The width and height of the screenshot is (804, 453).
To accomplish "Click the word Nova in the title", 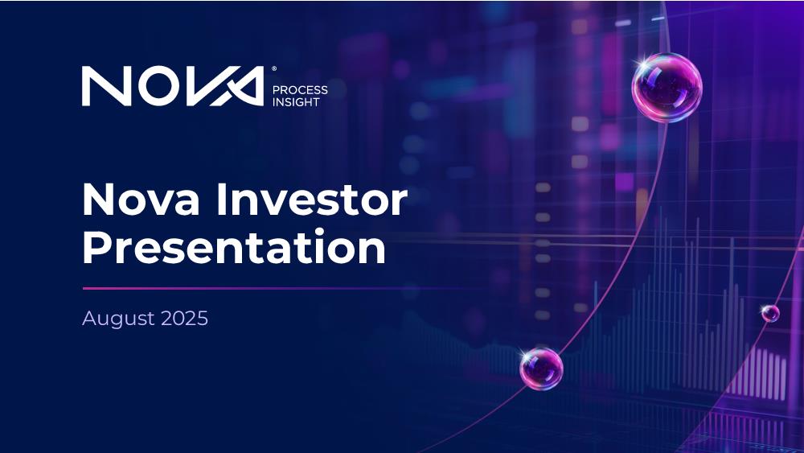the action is (x=141, y=200).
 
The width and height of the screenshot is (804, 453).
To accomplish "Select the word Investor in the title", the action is (x=312, y=200).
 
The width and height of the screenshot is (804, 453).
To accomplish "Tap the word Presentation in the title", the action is (x=234, y=247).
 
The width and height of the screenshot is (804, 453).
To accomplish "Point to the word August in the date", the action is (x=118, y=319).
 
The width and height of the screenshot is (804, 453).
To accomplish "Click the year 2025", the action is (x=185, y=318).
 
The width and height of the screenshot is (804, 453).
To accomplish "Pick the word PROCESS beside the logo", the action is (x=300, y=90).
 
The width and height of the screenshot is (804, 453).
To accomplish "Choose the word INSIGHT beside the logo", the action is (x=296, y=102).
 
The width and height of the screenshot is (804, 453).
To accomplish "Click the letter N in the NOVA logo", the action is (x=107, y=86).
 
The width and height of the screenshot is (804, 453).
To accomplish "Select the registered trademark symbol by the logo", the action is (x=274, y=68).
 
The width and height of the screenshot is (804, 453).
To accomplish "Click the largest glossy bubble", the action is (x=667, y=87).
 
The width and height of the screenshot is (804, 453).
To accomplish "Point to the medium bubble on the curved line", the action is (x=541, y=369).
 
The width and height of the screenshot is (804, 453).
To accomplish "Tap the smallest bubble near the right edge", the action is (x=770, y=313).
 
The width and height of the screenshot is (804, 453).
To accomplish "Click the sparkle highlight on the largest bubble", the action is (x=641, y=64).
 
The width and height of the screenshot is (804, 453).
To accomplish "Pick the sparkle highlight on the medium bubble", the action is (x=525, y=355).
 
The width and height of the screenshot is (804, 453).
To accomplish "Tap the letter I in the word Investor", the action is (x=221, y=199).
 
